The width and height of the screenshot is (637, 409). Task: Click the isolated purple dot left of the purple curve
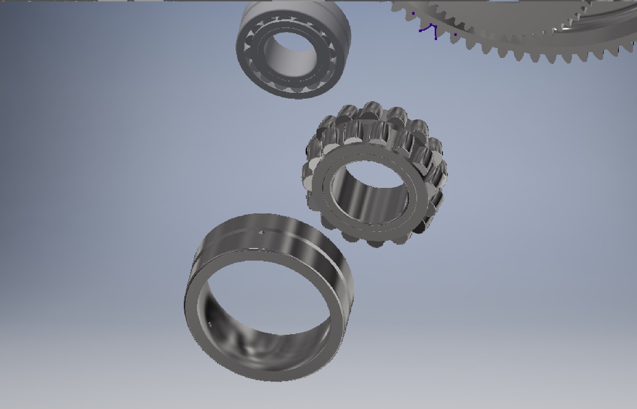[413, 13]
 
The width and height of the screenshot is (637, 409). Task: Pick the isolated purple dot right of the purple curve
[455, 34]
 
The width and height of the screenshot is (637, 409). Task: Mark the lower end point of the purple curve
[436, 39]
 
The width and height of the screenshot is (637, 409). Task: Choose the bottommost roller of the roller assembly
[375, 242]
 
